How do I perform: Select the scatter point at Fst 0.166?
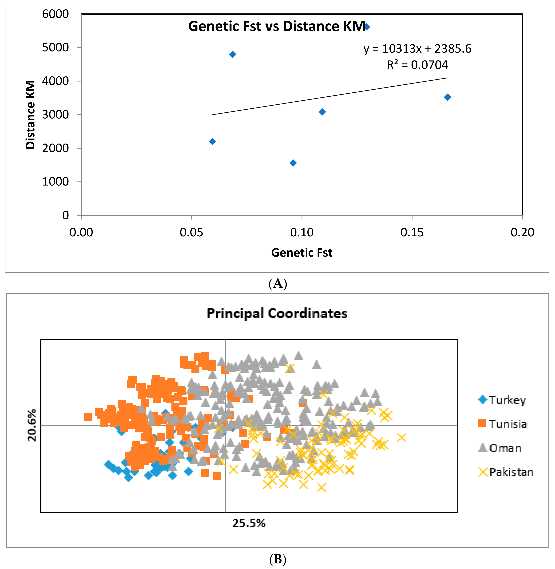pyautogui.click(x=448, y=97)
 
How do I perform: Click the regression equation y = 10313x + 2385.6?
pyautogui.click(x=417, y=49)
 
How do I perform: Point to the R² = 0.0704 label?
pyautogui.click(x=417, y=65)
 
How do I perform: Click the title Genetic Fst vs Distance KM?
pyautogui.click(x=276, y=26)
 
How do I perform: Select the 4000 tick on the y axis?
pyautogui.click(x=55, y=81)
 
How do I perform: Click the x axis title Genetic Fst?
pyautogui.click(x=301, y=252)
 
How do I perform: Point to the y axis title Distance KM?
pyautogui.click(x=30, y=115)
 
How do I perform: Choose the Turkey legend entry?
pyautogui.click(x=503, y=400)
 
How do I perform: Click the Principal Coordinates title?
pyautogui.click(x=277, y=313)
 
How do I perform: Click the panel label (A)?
pyautogui.click(x=277, y=283)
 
